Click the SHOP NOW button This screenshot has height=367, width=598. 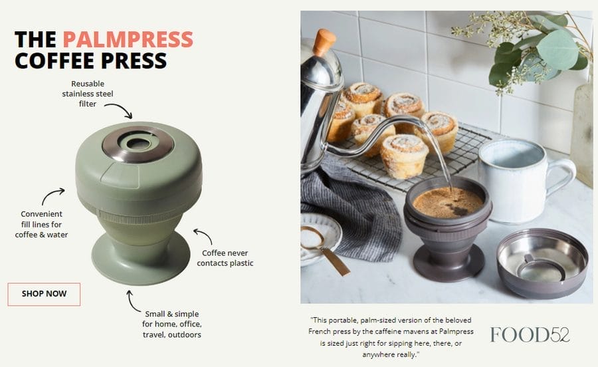(44, 294)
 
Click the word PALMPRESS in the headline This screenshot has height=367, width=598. (128, 39)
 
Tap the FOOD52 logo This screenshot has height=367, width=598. (530, 334)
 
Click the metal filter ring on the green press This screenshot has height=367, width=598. (138, 144)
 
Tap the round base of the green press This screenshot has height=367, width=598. (140, 259)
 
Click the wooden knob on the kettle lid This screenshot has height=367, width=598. (324, 41)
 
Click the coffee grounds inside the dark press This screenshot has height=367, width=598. (448, 202)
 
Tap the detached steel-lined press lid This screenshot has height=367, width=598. (542, 263)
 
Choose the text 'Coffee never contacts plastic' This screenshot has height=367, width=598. (225, 258)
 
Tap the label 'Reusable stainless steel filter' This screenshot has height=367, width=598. (88, 94)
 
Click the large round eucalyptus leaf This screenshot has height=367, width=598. (557, 50)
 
